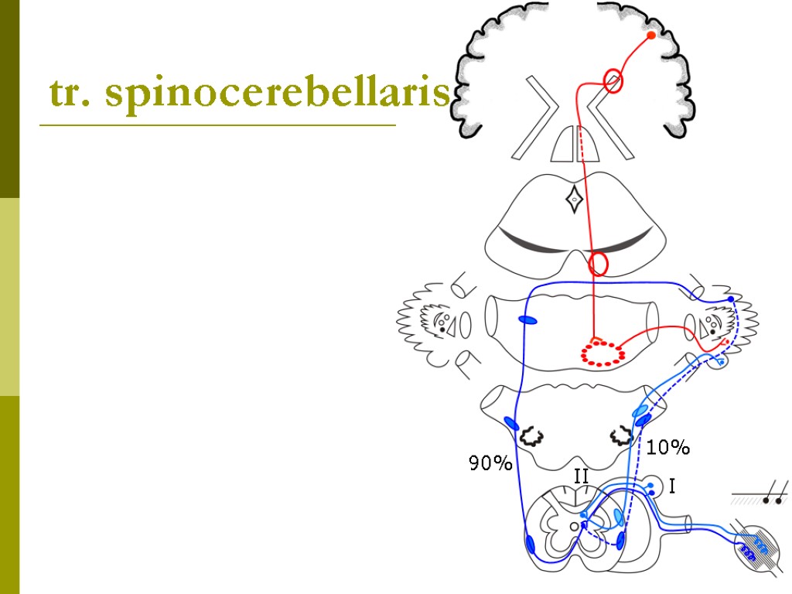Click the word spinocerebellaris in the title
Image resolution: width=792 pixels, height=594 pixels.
click(278, 94)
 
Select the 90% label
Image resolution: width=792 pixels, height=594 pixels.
click(490, 464)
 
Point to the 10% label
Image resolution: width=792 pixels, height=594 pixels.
click(668, 447)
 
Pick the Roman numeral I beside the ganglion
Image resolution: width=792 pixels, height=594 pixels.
click(671, 486)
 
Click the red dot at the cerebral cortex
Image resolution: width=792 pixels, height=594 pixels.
click(651, 36)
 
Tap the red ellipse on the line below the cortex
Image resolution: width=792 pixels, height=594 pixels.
click(613, 80)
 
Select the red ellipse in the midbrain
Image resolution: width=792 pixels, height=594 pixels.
click(599, 264)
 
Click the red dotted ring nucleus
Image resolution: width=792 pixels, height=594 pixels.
click(603, 353)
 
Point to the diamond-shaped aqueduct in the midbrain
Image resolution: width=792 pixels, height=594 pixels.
click(574, 200)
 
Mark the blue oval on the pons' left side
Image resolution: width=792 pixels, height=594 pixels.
click(527, 320)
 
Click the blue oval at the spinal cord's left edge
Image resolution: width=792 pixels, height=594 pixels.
click(530, 544)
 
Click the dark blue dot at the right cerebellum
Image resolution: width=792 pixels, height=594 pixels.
click(731, 299)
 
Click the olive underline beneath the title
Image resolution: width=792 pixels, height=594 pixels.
click(217, 125)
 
